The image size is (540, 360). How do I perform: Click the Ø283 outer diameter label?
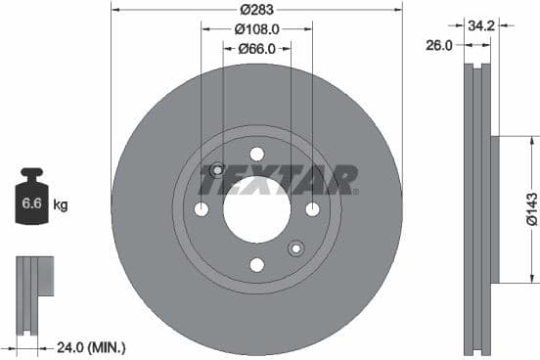257,10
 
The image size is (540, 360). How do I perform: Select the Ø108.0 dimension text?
257,29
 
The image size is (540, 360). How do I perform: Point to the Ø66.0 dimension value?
257,49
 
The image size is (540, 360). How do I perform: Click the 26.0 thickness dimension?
439,45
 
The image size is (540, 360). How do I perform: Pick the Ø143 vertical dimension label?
529,209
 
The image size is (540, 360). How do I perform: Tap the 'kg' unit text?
60,205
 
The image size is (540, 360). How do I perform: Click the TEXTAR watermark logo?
279,180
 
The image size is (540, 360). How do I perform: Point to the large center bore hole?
256,209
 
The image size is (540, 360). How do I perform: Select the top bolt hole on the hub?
256,154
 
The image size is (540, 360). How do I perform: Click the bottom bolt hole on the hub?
256,265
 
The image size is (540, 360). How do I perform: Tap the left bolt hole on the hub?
202,209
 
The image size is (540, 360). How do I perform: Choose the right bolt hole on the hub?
312,209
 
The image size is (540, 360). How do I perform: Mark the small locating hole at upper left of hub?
217,169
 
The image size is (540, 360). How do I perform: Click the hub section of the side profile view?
493,209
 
